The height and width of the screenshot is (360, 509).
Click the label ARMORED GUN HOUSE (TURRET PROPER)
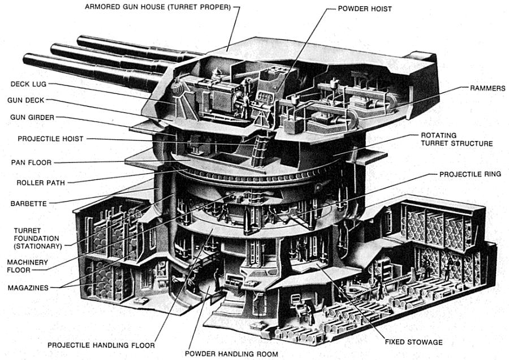coord(158,7)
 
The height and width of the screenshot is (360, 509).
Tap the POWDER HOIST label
coord(364,9)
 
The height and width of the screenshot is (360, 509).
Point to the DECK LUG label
coord(28,84)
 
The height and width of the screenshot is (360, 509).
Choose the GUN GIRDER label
coord(32,117)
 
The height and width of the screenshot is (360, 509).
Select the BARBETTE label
coord(28,203)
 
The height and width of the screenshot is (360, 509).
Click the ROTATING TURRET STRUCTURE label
coord(456,140)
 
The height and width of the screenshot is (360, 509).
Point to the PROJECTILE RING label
coord(469,174)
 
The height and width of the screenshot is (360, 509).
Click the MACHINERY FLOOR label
coord(27,266)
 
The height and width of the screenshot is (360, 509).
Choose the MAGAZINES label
coord(28,288)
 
